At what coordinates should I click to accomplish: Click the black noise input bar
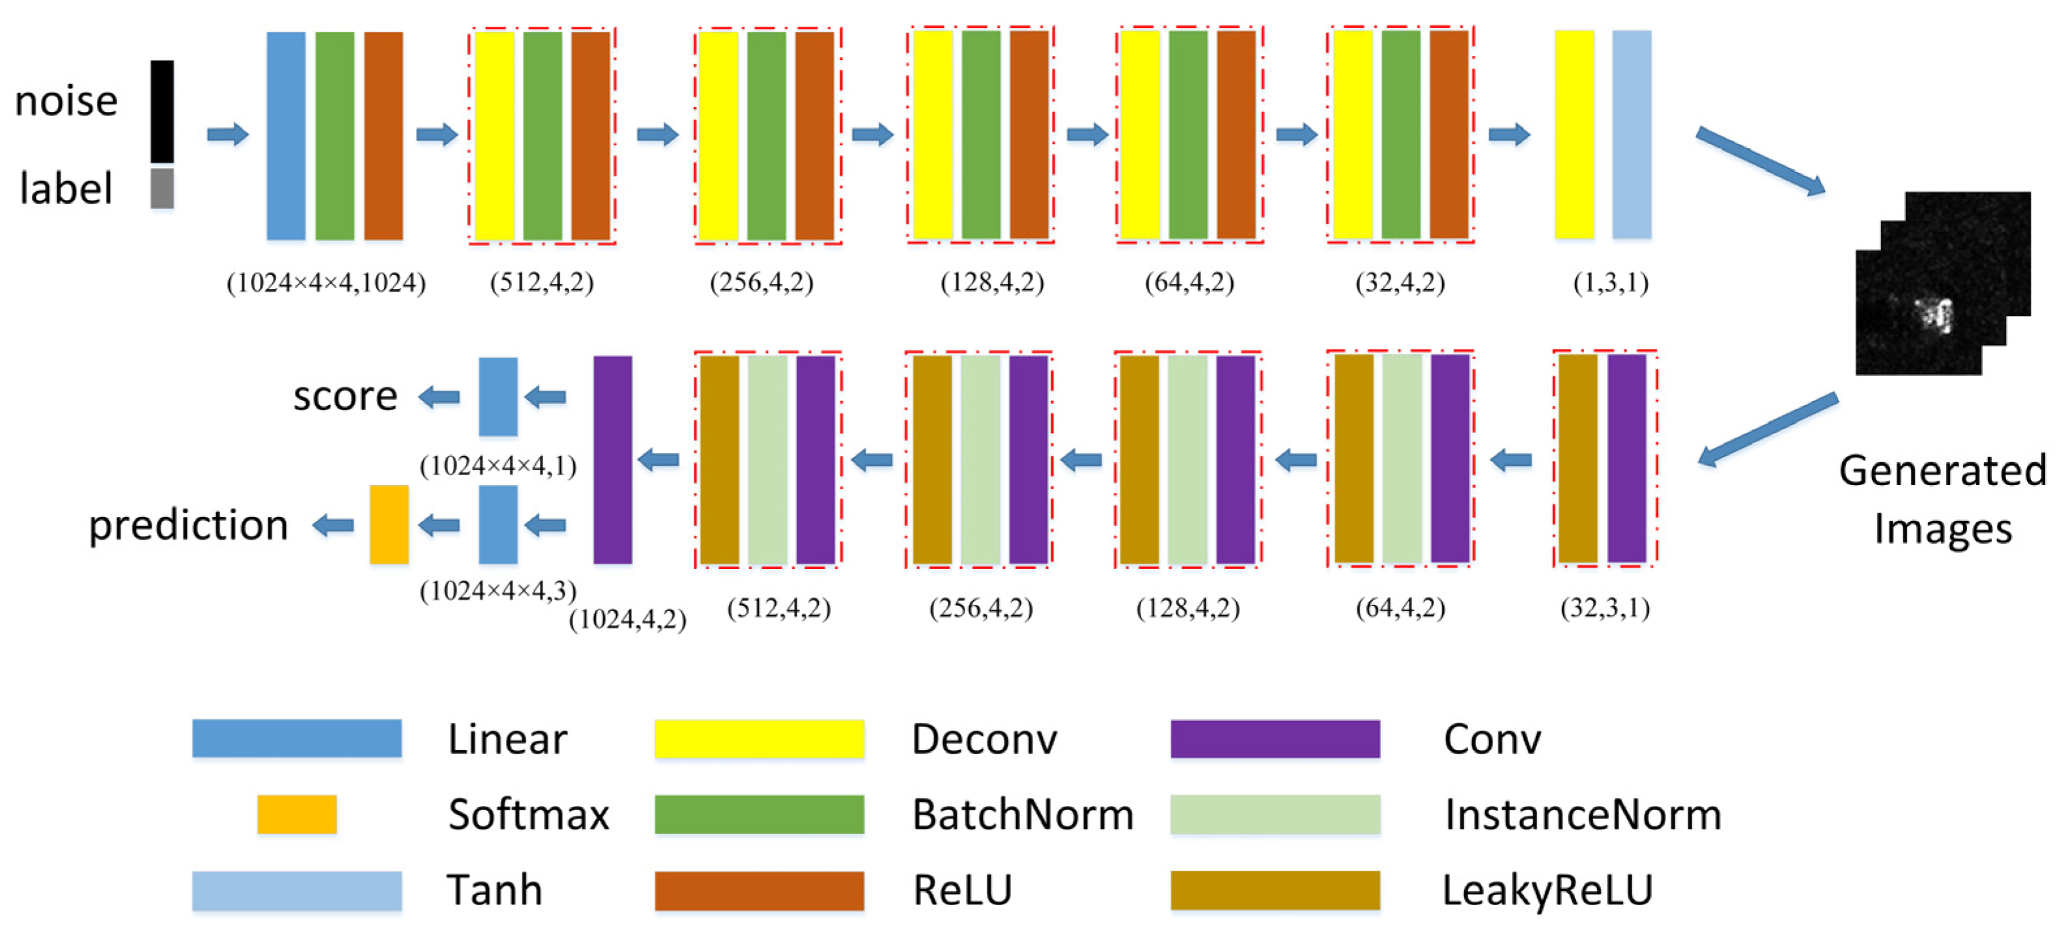pyautogui.click(x=162, y=111)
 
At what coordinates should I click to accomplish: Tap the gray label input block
pyautogui.click(x=162, y=188)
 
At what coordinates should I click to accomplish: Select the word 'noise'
pyautogui.click(x=66, y=101)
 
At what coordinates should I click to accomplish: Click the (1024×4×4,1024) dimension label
pyautogui.click(x=326, y=283)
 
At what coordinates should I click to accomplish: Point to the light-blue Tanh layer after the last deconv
pyautogui.click(x=1632, y=134)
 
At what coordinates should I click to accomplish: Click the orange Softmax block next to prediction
pyautogui.click(x=389, y=524)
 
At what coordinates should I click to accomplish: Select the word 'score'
pyautogui.click(x=345, y=396)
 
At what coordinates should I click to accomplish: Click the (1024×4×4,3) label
pyautogui.click(x=498, y=591)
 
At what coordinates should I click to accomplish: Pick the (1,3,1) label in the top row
pyautogui.click(x=1610, y=283)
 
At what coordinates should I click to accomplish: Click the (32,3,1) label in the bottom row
pyautogui.click(x=1605, y=607)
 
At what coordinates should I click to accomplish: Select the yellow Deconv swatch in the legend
pyautogui.click(x=759, y=738)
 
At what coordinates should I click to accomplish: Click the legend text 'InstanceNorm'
pyautogui.click(x=1582, y=814)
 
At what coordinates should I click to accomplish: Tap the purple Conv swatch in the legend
pyautogui.click(x=1275, y=738)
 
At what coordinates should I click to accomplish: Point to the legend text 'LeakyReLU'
pyautogui.click(x=1547, y=890)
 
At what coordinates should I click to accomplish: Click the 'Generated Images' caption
pyautogui.click(x=1943, y=499)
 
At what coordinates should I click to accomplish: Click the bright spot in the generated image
pyautogui.click(x=1934, y=314)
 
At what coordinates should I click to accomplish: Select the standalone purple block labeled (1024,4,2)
pyautogui.click(x=612, y=459)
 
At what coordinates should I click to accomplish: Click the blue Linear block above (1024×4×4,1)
pyautogui.click(x=498, y=396)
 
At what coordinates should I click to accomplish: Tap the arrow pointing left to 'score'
pyautogui.click(x=439, y=396)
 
